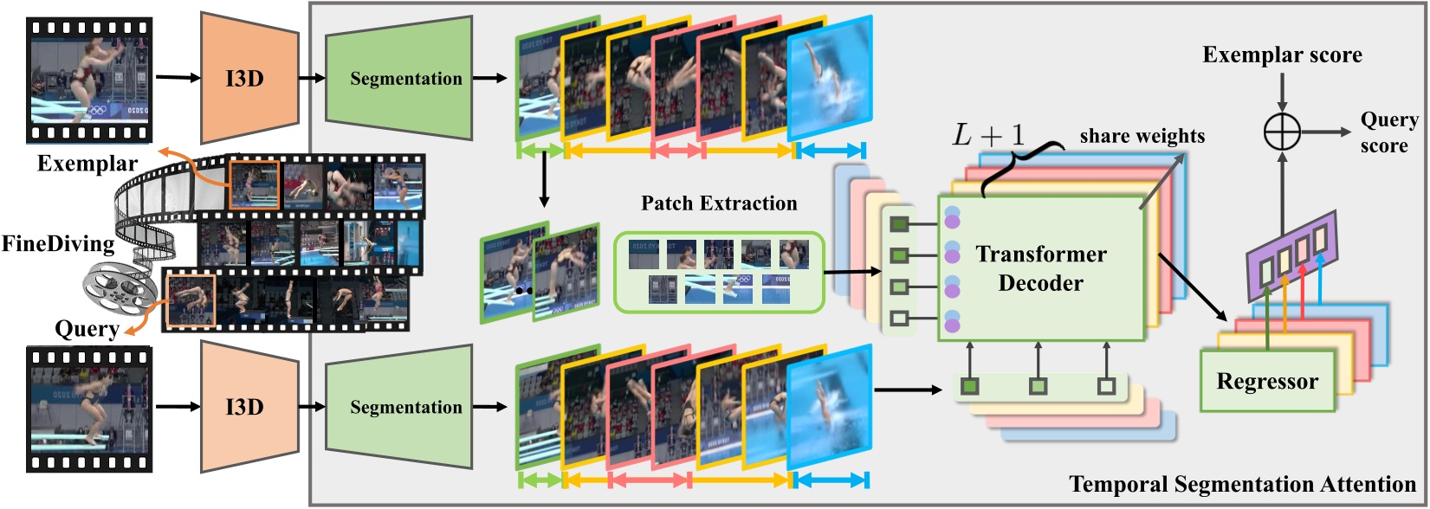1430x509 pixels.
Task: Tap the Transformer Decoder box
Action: [x=1040, y=268]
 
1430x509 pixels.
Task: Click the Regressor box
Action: [x=1266, y=381]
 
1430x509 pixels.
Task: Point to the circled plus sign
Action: [x=1283, y=132]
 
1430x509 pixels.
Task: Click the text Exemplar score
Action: [x=1282, y=55]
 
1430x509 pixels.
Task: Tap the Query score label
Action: [x=1388, y=132]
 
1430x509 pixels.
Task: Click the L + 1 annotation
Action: [x=988, y=135]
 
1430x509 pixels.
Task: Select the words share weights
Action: [x=1142, y=136]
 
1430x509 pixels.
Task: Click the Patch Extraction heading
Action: [x=719, y=203]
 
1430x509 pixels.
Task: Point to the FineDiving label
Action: [x=57, y=244]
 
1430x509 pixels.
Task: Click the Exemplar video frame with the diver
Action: [x=90, y=80]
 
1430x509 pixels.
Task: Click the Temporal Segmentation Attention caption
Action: [x=1242, y=485]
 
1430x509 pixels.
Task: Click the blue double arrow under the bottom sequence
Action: [x=831, y=480]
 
